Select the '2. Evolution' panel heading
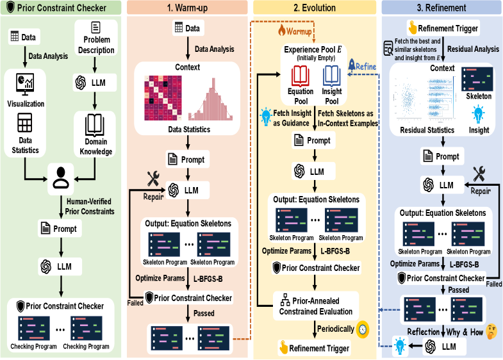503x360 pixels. pyautogui.click(x=314, y=8)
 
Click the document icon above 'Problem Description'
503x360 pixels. pyautogui.click(x=96, y=28)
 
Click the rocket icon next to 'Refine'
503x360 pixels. pyautogui.click(x=352, y=65)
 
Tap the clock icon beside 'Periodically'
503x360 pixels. pyautogui.click(x=362, y=329)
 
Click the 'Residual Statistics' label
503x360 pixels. pyautogui.click(x=419, y=130)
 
